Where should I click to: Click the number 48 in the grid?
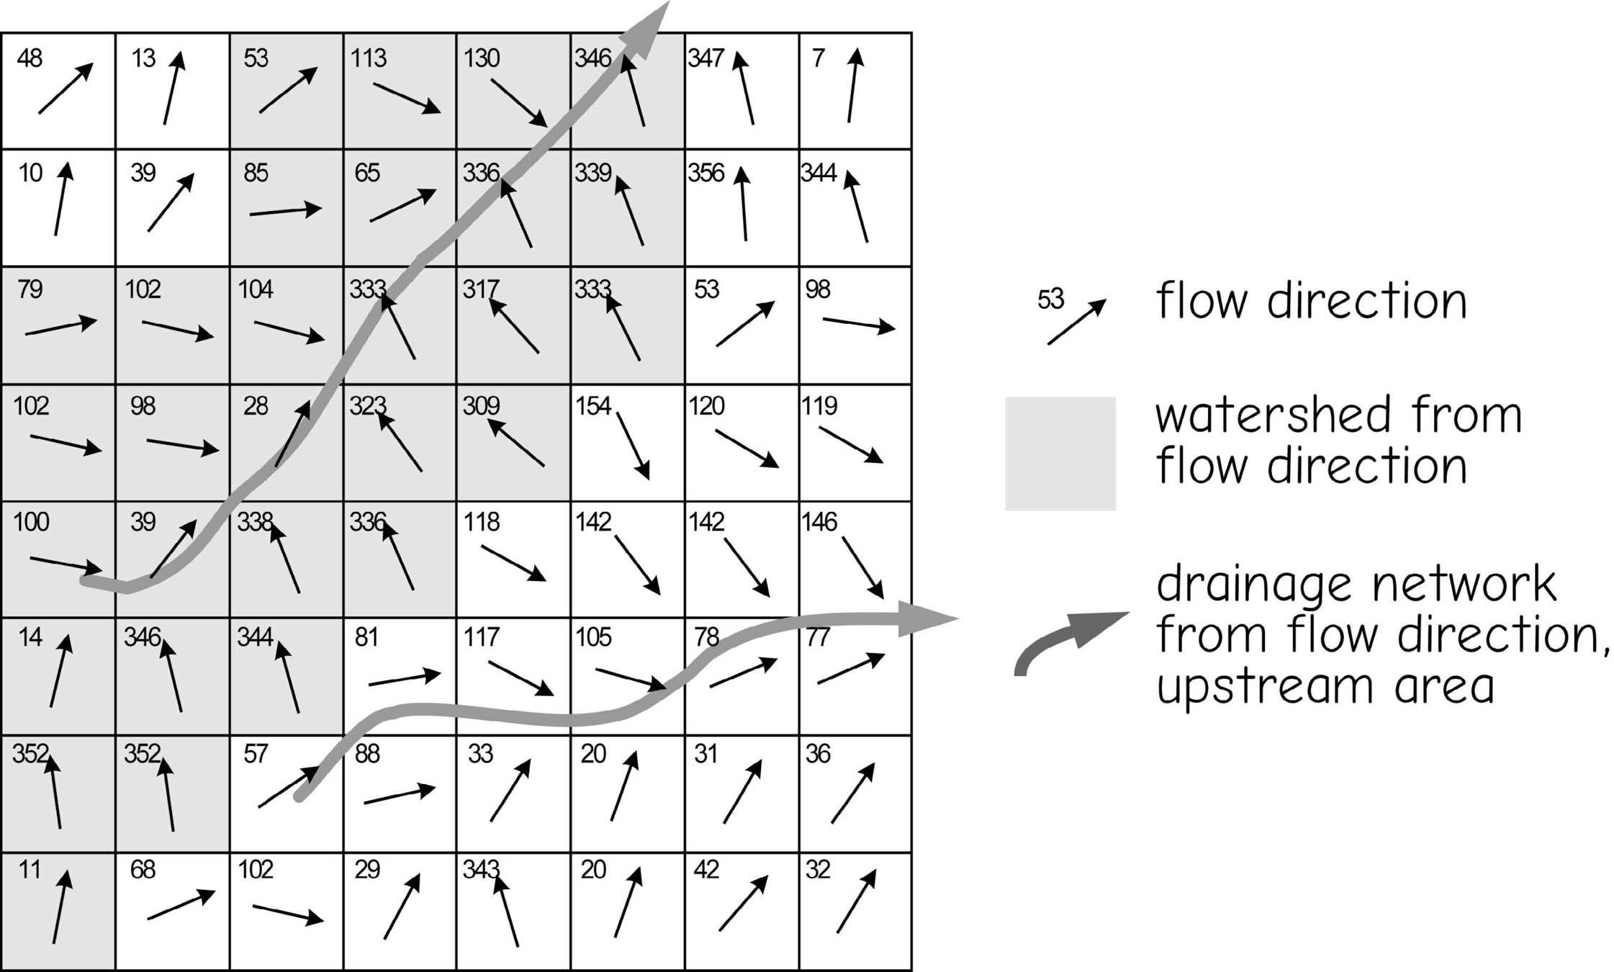click(30, 58)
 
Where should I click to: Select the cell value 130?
click(482, 58)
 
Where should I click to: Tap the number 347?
click(705, 58)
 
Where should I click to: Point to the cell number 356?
click(705, 174)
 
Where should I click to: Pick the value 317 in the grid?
click(480, 289)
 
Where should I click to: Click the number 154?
click(593, 406)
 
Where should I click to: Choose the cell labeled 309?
click(481, 406)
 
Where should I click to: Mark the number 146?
click(819, 522)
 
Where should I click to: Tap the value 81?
click(366, 637)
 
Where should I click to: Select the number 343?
click(480, 870)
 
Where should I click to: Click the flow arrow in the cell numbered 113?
click(407, 98)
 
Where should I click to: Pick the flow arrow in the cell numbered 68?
click(181, 905)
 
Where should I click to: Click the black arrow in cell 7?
click(852, 85)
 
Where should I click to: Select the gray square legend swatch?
click(1060, 454)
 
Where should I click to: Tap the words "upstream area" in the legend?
click(1325, 687)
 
